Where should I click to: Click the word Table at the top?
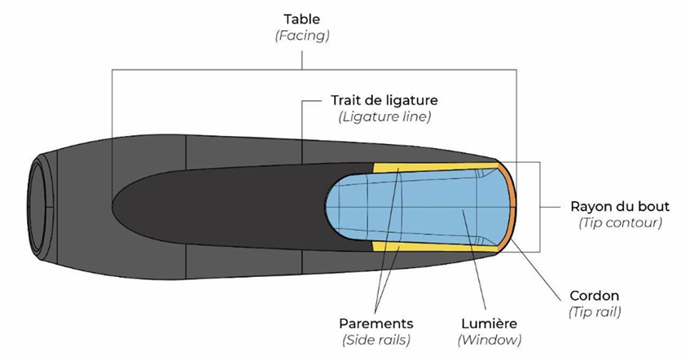[302, 18]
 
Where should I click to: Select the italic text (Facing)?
[302, 35]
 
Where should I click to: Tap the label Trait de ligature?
[384, 100]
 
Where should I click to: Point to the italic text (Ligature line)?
[384, 117]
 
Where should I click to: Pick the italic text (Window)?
[490, 340]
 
